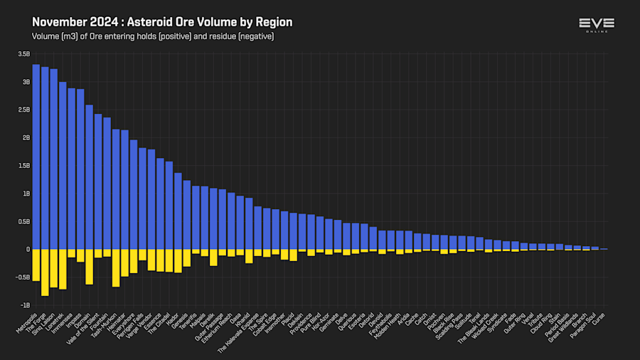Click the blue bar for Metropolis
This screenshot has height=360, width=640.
pos(36,157)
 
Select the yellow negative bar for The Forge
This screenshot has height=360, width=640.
pos(45,272)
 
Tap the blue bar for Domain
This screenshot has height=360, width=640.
pos(89,177)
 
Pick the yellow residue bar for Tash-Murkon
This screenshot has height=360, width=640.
pos(116,268)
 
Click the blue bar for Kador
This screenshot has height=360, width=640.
pos(178,211)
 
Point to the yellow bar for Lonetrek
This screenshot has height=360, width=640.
pos(63,269)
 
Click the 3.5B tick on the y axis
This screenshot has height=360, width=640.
pos(23,54)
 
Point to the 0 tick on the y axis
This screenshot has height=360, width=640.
pos(27,250)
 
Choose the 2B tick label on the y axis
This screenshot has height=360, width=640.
pos(25,138)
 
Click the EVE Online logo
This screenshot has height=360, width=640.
pos(596,25)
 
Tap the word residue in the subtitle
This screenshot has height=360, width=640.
pos(224,36)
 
